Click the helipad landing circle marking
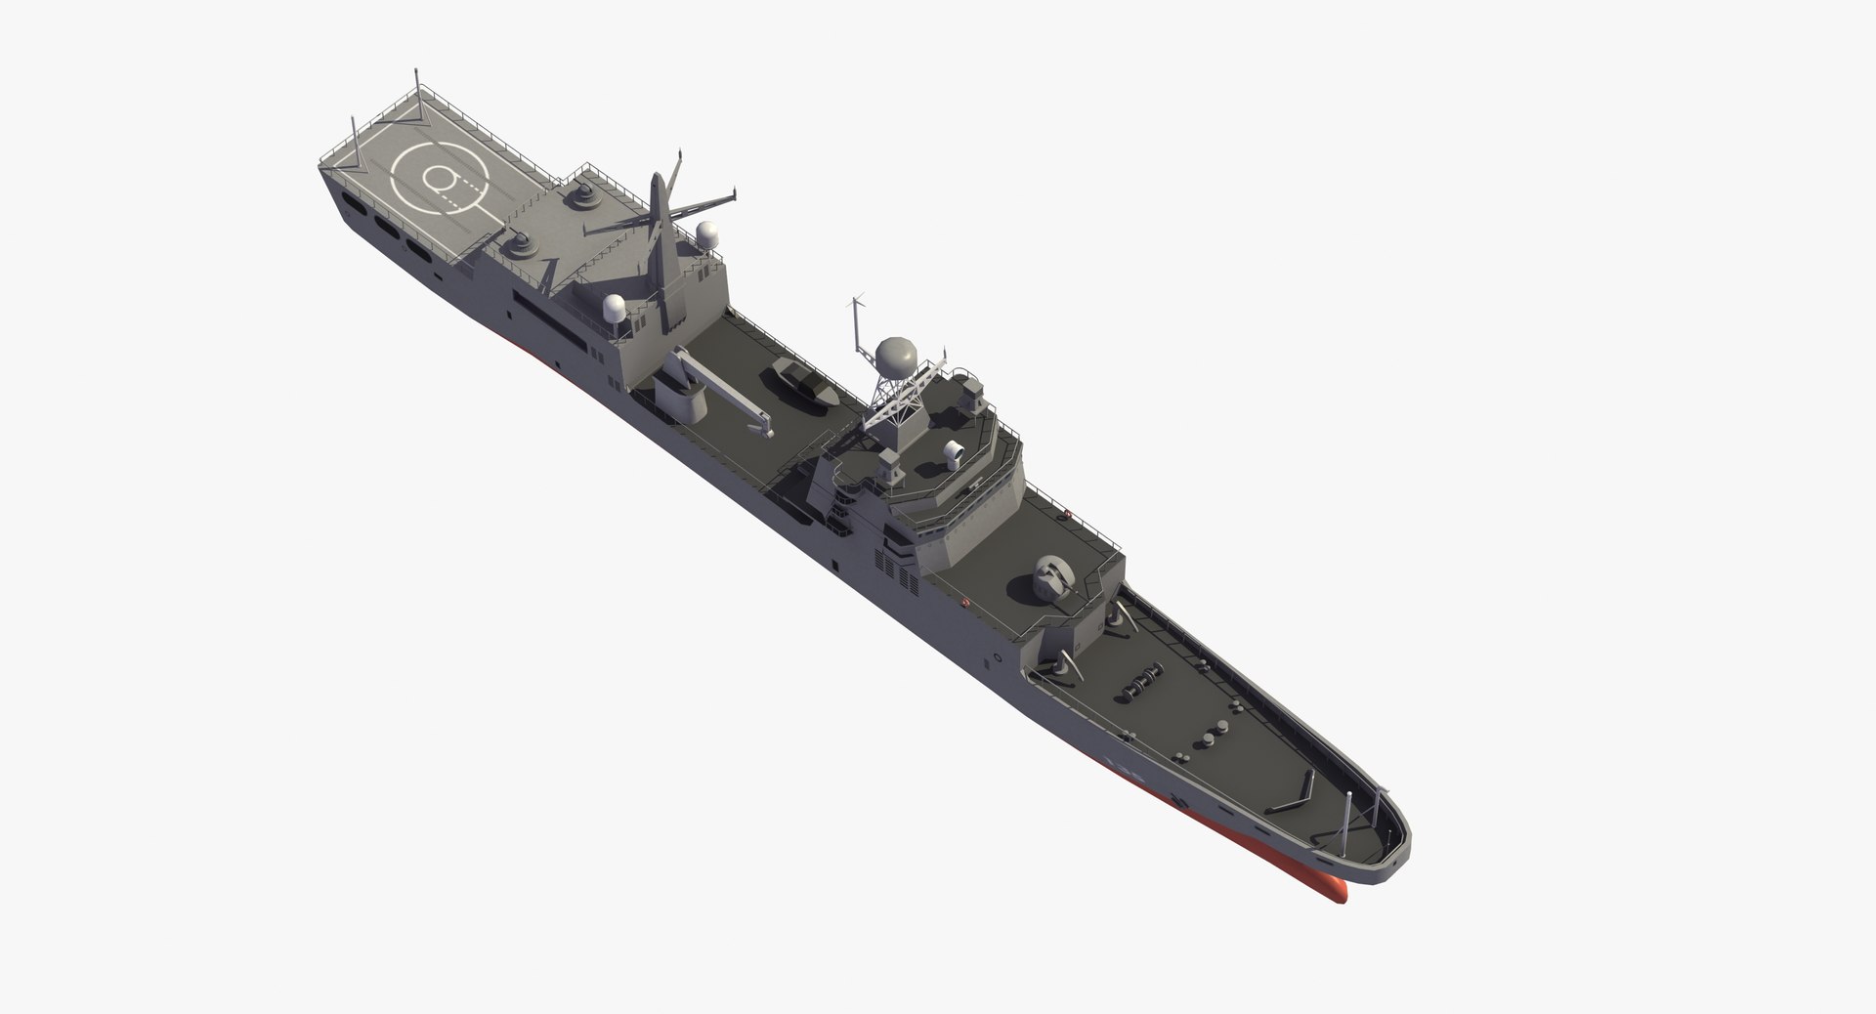click(x=439, y=177)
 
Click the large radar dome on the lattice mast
click(x=896, y=358)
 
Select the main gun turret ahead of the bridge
click(x=1051, y=576)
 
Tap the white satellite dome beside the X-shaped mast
click(x=704, y=233)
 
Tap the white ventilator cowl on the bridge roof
click(x=953, y=453)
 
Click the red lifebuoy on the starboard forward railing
click(x=1068, y=515)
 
